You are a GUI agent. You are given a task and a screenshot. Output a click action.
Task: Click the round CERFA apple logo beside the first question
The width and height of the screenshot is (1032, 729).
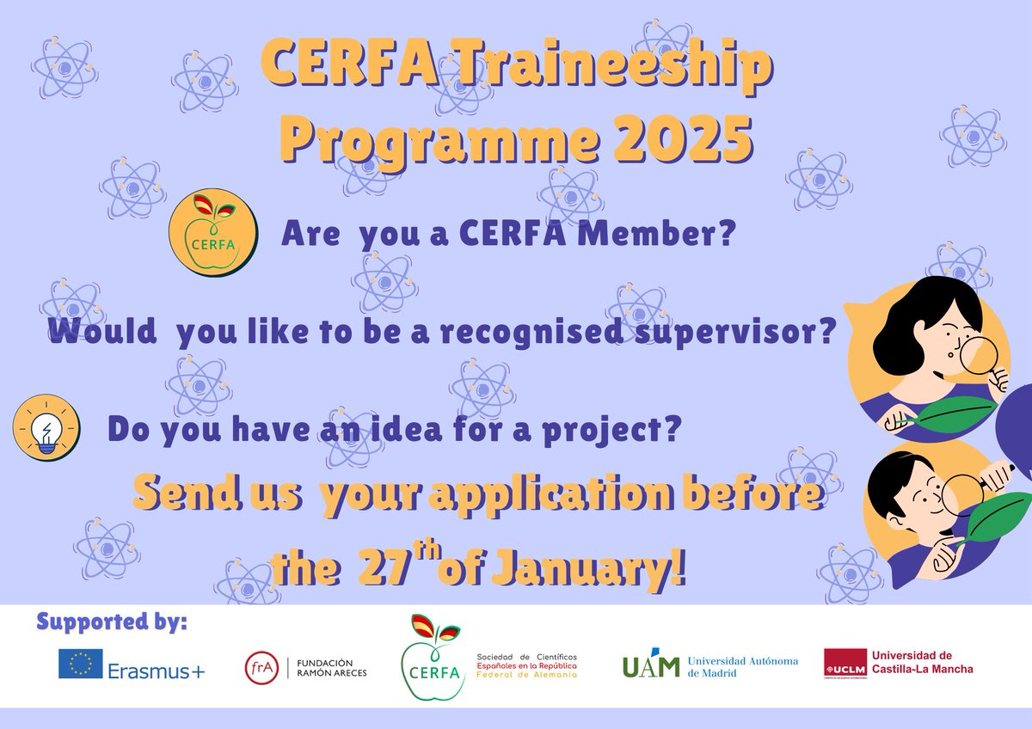click(x=214, y=233)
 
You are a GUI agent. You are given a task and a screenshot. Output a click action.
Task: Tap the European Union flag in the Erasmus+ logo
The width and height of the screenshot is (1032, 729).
click(x=81, y=663)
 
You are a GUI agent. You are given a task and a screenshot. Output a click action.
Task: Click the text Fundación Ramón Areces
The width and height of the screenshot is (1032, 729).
click(x=332, y=666)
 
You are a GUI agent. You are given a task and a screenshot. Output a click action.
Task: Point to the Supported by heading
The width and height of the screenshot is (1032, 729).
click(x=112, y=622)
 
